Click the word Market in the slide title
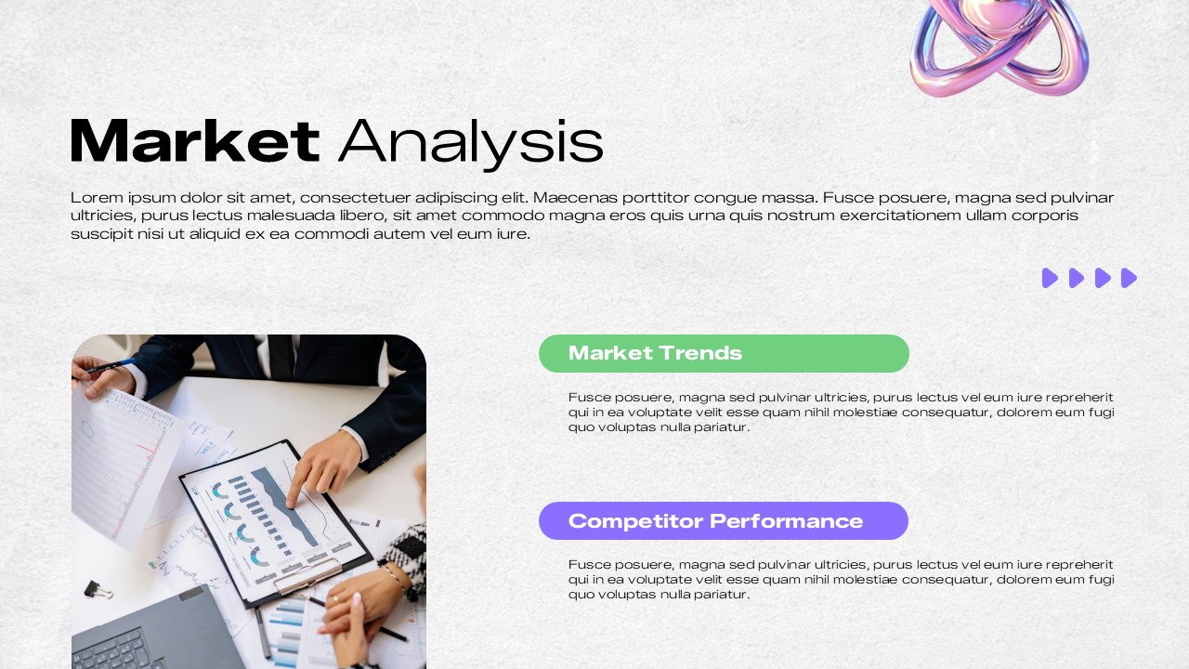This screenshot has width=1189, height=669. [195, 141]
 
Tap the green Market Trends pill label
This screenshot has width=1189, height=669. [655, 353]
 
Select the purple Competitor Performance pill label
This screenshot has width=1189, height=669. [715, 520]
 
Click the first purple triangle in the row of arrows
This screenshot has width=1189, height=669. [1050, 278]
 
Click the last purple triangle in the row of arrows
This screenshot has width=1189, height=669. [1129, 278]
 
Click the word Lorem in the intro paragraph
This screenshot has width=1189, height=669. [93, 197]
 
